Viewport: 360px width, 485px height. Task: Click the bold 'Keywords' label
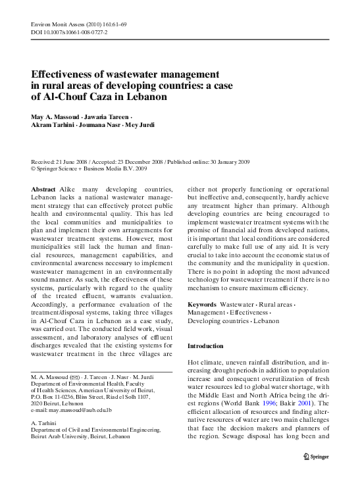[x=202, y=305]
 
